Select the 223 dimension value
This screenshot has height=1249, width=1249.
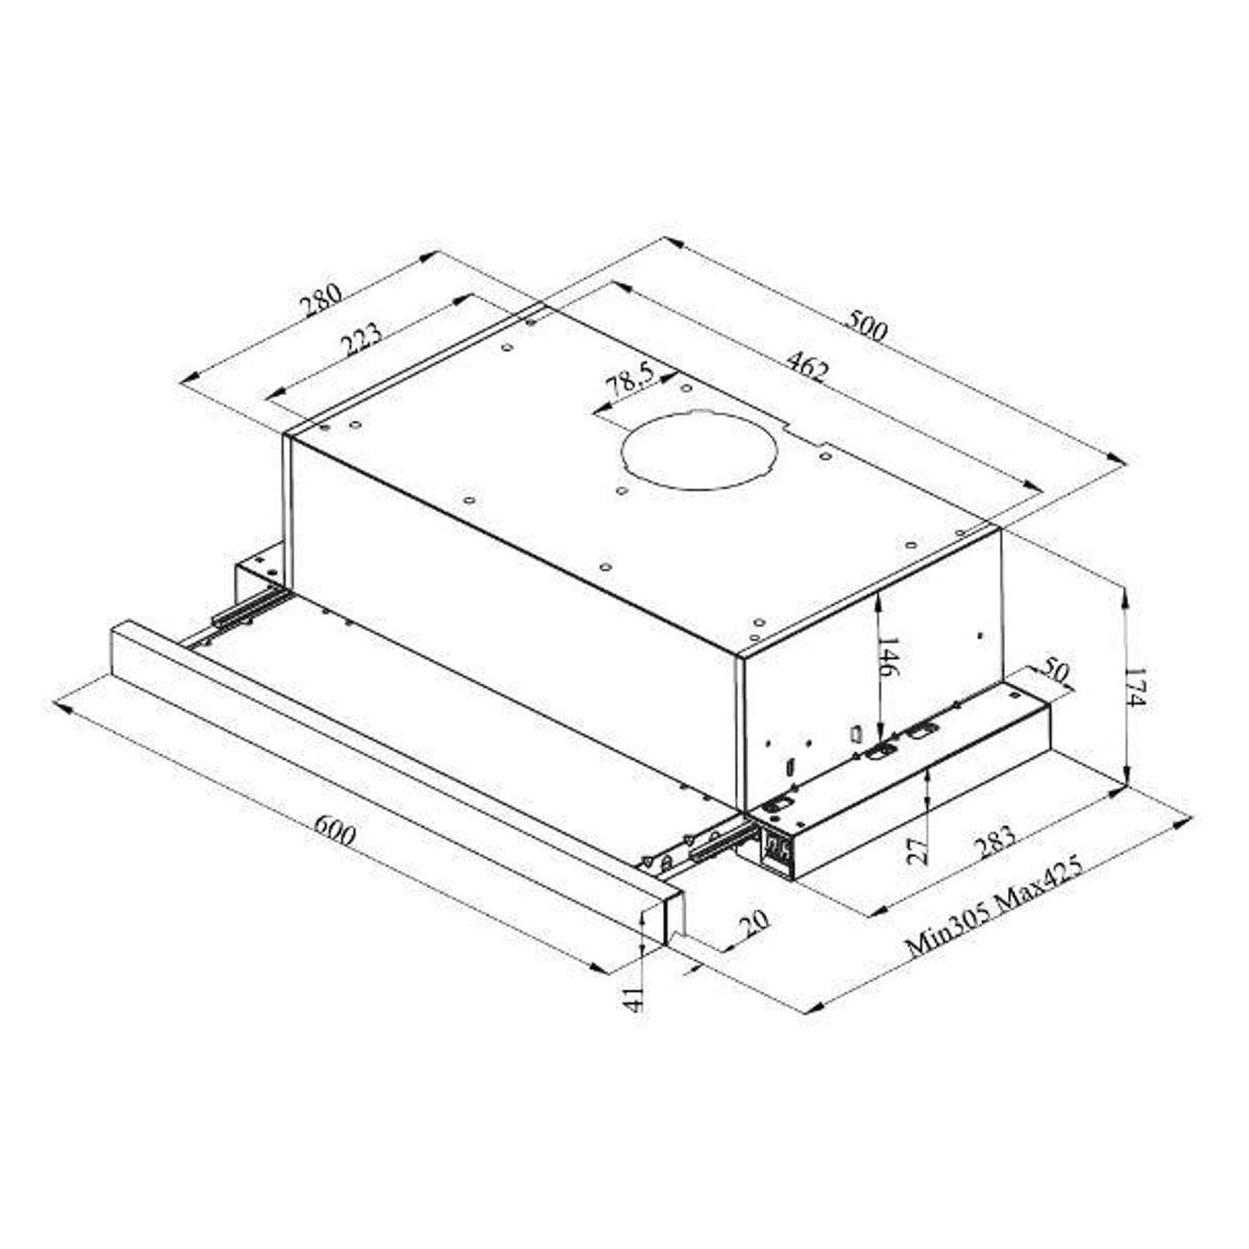tap(362, 340)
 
